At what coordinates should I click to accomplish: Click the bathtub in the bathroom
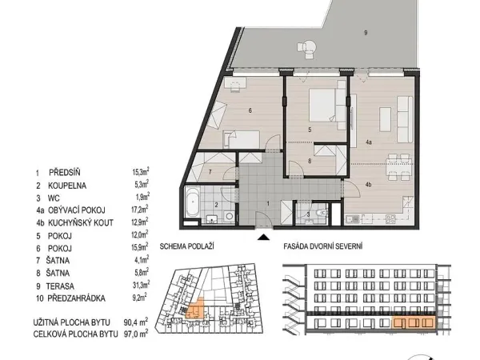193,202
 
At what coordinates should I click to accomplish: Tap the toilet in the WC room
322,213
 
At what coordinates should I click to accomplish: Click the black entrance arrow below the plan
263,237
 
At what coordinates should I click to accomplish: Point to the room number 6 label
250,110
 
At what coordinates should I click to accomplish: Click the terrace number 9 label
366,33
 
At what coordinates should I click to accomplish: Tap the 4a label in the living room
369,142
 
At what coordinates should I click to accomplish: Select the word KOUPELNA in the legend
67,186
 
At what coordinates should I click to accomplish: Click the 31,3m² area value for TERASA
141,285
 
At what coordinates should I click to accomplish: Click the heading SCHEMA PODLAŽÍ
186,246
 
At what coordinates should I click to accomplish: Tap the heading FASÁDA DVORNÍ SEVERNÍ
323,246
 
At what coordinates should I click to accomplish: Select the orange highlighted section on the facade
414,323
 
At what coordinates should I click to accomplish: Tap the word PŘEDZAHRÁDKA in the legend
76,298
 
